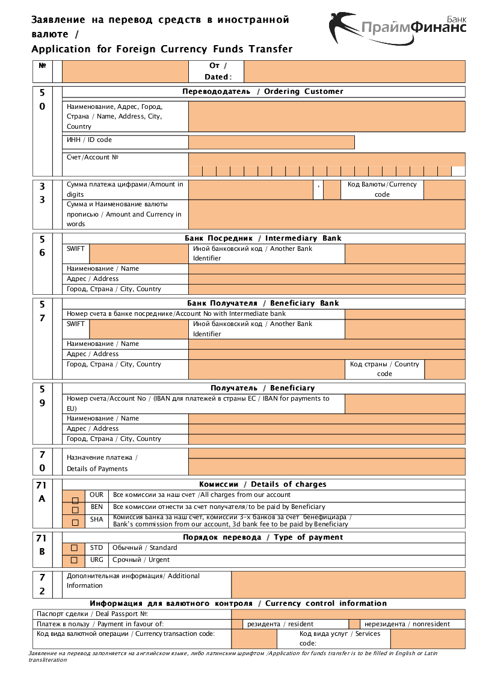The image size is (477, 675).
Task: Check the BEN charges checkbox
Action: tap(75, 511)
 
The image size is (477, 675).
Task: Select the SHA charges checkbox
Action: tap(75, 522)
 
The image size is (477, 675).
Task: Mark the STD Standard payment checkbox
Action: tap(74, 548)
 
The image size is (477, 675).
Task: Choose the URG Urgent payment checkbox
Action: tap(74, 560)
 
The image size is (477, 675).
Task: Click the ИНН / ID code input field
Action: tap(271, 142)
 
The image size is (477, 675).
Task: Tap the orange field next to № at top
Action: tap(125, 71)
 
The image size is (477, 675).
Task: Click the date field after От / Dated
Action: tap(354, 71)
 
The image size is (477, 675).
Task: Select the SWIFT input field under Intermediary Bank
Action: tap(138, 253)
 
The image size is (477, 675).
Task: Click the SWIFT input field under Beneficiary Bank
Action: tap(138, 328)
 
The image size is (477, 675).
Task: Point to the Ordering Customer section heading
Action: tap(263, 91)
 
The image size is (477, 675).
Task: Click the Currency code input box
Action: tap(444, 190)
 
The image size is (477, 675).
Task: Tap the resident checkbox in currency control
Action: tap(237, 624)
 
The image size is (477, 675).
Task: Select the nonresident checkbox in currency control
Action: tap(354, 624)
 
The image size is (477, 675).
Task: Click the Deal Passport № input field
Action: tap(348, 614)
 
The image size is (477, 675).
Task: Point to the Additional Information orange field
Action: tap(348, 584)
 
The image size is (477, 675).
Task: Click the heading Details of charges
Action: tap(263, 484)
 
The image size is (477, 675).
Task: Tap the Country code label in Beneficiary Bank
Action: tap(384, 369)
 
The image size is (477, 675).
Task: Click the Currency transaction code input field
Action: tap(254, 638)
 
